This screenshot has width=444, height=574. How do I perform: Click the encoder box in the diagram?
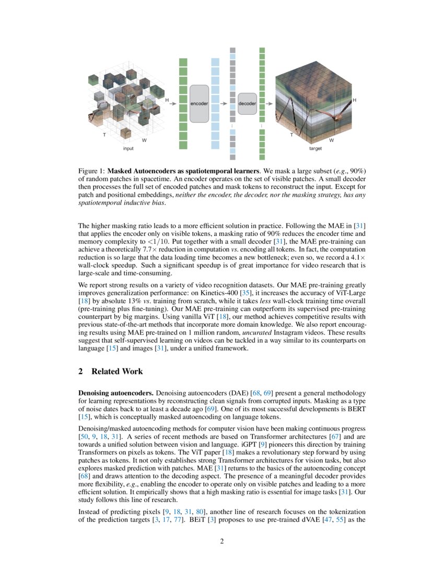(x=199, y=103)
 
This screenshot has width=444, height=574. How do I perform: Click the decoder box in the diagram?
(x=247, y=103)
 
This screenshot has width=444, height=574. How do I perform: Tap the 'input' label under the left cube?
(x=128, y=149)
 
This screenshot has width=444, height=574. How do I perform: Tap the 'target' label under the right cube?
(x=316, y=149)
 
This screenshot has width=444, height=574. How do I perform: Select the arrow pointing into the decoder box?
(x=224, y=103)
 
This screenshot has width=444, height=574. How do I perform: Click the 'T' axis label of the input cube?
(x=104, y=135)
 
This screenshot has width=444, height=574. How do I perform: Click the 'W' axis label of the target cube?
(x=331, y=140)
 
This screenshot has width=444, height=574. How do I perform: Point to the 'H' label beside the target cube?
(x=355, y=100)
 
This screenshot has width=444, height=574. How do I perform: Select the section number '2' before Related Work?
(x=80, y=372)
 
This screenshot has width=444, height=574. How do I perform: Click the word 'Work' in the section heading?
(x=133, y=372)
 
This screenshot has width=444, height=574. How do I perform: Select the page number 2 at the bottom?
(x=222, y=541)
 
